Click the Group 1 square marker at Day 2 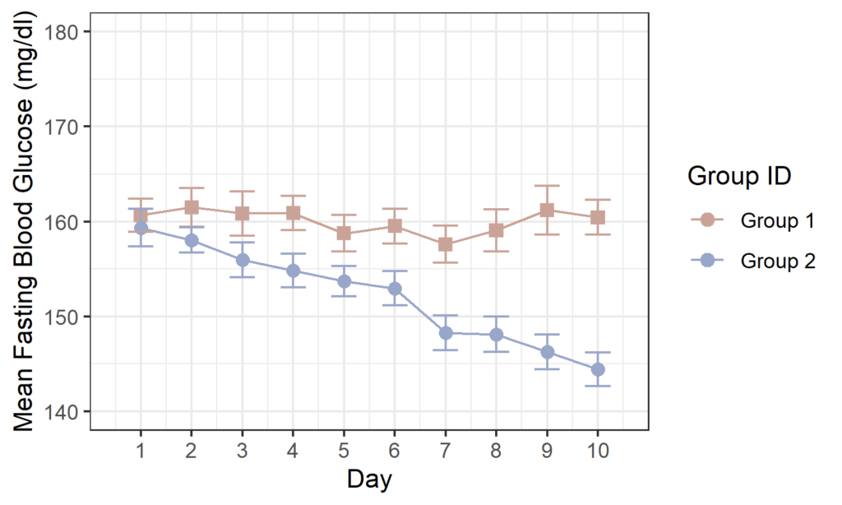tap(191, 207)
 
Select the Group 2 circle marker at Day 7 tap(446, 333)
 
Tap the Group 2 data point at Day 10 tap(598, 369)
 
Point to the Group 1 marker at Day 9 tap(547, 211)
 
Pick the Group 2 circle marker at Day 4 tap(293, 271)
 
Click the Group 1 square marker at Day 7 tap(446, 244)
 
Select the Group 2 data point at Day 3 tap(243, 260)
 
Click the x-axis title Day tap(369, 479)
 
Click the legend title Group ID tap(738, 176)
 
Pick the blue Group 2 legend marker tap(706, 261)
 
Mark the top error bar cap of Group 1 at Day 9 tap(547, 186)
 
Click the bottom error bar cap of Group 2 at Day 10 tap(598, 386)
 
